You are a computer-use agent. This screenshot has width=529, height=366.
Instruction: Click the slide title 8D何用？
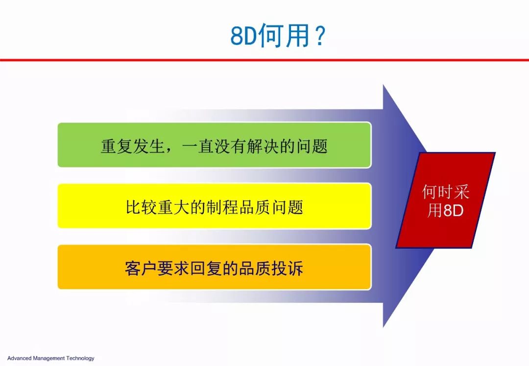tap(278, 35)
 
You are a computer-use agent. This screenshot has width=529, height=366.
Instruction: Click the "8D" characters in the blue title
tap(243, 36)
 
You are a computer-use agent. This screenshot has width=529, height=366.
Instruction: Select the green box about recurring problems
tap(215, 145)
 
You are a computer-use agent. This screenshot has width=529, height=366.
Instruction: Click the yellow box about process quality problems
tap(215, 206)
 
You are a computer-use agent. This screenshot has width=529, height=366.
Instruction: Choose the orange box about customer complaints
tap(215, 267)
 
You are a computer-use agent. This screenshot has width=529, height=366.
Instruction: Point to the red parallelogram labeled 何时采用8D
tap(446, 201)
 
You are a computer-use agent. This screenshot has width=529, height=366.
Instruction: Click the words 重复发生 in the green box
tap(133, 146)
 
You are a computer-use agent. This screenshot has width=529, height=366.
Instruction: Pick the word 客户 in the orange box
tap(141, 268)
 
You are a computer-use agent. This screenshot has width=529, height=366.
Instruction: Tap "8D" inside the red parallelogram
tap(454, 210)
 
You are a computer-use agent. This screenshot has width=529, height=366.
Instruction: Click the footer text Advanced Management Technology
tap(50, 358)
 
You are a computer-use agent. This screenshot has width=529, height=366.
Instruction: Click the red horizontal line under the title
tap(264, 60)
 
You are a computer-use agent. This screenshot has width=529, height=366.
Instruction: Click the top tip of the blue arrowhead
tap(384, 85)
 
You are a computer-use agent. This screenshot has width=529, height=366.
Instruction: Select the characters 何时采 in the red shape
tap(446, 192)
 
